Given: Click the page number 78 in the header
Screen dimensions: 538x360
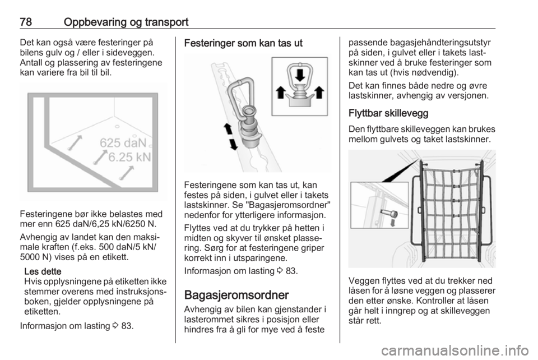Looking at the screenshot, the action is pos(26,22).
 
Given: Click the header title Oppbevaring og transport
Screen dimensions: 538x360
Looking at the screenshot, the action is pos(126,22).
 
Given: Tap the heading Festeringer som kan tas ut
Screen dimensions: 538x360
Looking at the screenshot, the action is pos(243,43).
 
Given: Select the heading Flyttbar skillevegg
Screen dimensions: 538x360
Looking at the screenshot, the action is pos(388,113).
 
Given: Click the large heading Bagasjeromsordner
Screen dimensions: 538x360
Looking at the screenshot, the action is pos(236,295).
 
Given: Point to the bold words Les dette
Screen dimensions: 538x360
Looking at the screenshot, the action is pos(43,271).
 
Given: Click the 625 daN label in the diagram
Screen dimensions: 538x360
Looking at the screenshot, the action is pos(123,143).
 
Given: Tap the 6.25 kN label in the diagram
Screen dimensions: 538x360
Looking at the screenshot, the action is pos(129,157).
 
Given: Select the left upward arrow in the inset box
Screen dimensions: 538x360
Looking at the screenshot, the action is pos(281,93).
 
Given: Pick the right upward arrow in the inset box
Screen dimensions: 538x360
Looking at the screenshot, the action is pos(319,93).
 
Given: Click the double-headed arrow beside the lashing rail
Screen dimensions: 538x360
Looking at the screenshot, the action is pos(230,137).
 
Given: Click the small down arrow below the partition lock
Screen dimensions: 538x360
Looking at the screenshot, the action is pos(393,223).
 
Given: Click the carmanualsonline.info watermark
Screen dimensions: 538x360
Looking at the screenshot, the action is pos(454,350).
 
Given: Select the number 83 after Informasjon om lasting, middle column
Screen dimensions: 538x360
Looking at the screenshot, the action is pos(291,271).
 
